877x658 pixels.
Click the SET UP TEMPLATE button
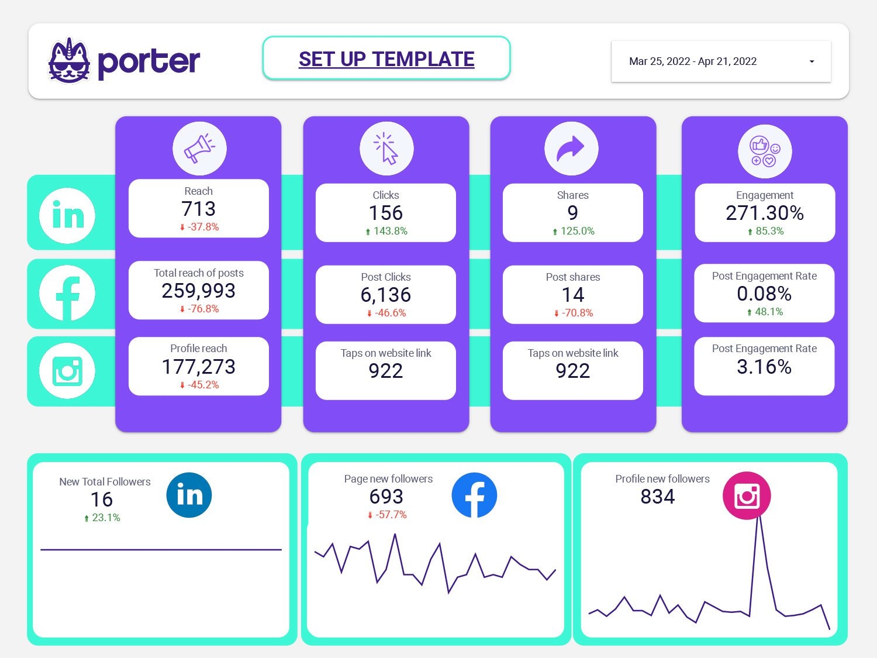click(x=386, y=58)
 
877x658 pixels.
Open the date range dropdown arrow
click(x=812, y=61)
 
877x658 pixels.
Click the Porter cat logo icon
click(x=70, y=61)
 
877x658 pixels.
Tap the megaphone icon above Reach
click(x=199, y=149)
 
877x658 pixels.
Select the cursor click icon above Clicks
click(x=386, y=149)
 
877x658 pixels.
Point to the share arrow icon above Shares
click(x=571, y=149)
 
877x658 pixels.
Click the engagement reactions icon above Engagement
click(x=765, y=151)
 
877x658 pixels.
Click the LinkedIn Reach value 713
click(x=199, y=209)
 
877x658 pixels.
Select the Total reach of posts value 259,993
click(x=199, y=291)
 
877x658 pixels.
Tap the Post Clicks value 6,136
click(x=386, y=295)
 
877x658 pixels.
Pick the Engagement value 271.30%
click(x=765, y=213)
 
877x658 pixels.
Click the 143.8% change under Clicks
click(x=390, y=231)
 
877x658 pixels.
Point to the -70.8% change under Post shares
click(x=577, y=313)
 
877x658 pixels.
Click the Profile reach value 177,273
click(x=199, y=367)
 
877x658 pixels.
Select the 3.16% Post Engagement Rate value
click(x=764, y=367)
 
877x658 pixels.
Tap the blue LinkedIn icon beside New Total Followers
click(x=189, y=495)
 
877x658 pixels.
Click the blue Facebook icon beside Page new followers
click(x=474, y=495)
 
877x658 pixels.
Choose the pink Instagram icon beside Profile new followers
click(x=747, y=495)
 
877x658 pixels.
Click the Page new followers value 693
click(x=386, y=497)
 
